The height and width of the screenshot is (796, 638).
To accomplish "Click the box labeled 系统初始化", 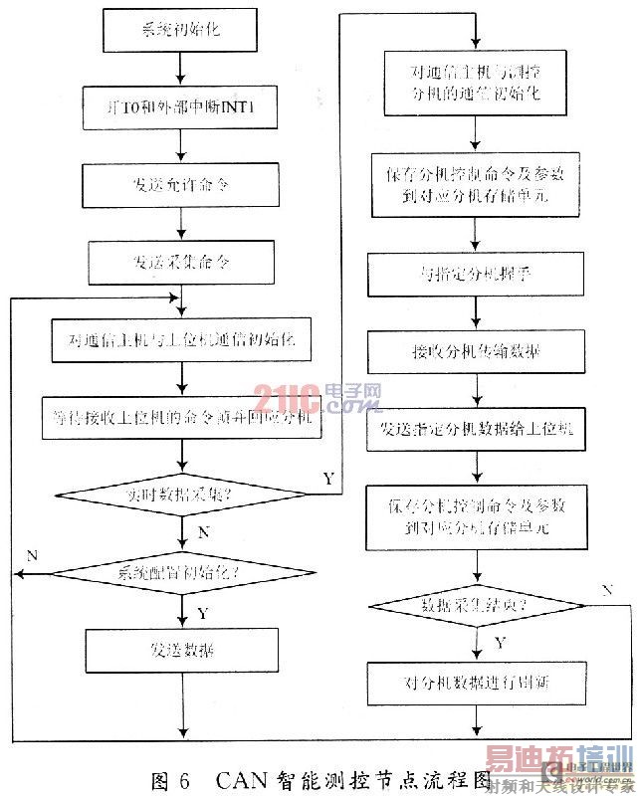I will click(x=180, y=31).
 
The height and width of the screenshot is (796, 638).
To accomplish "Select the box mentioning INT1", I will click(x=180, y=106).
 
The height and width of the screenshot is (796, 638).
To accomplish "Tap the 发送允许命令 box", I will click(x=180, y=185).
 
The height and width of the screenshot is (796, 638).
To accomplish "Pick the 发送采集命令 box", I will click(x=180, y=263).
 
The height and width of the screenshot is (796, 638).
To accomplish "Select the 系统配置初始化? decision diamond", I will click(x=180, y=572).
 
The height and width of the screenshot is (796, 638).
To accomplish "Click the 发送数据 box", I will click(x=180, y=651).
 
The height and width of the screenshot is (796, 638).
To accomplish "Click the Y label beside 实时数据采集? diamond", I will click(x=328, y=479).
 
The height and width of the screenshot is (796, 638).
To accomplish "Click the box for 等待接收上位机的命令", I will click(x=180, y=419).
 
